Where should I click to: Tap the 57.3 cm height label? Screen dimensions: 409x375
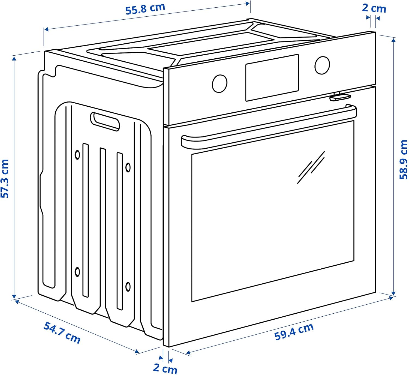(5, 179)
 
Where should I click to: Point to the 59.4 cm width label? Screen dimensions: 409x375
(294, 332)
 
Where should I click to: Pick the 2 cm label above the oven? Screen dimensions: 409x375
(374, 8)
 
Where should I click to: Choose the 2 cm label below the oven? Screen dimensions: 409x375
(165, 368)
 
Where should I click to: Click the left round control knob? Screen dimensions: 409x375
(219, 83)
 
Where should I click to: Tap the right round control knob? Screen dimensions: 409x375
(322, 65)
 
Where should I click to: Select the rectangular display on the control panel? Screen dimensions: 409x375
(272, 77)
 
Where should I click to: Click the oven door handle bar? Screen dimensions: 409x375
(269, 126)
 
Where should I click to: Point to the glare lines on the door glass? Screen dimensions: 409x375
(311, 167)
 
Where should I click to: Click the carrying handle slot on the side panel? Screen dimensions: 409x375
(105, 121)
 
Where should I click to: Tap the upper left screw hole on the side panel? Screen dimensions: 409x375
(77, 155)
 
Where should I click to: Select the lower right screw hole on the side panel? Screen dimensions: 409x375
(128, 286)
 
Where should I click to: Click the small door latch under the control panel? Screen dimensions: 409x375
(339, 97)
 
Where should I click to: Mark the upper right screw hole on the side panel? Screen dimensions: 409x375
(128, 167)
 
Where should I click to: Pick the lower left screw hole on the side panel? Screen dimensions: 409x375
(77, 272)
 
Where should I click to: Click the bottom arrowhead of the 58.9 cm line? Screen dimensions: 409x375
(393, 293)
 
